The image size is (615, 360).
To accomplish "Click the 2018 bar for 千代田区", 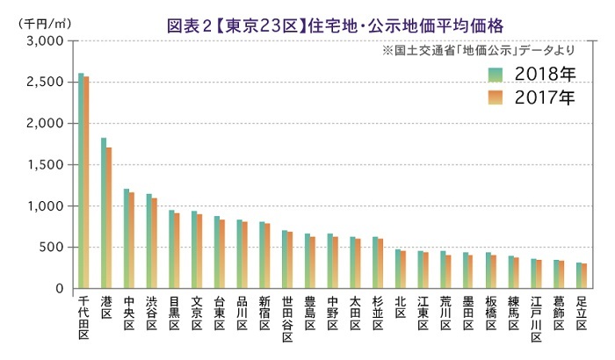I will pyautogui.click(x=81, y=181).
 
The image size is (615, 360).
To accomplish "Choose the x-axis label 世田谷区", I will pyautogui.click(x=286, y=322).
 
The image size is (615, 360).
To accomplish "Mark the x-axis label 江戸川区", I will pyautogui.click(x=535, y=322).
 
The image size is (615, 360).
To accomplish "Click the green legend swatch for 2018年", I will pyautogui.click(x=497, y=73).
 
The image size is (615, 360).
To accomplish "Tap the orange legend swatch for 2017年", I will pyautogui.click(x=497, y=97).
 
